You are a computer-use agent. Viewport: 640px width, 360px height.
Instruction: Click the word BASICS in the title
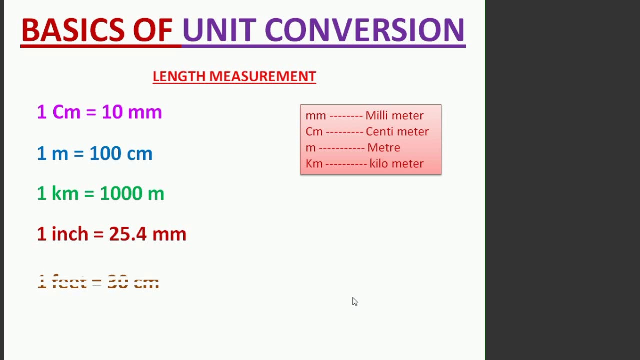(73, 30)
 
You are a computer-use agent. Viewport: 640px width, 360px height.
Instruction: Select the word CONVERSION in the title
(364, 30)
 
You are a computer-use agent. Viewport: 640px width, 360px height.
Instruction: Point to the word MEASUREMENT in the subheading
(262, 76)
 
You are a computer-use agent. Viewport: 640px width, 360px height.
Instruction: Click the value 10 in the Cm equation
(112, 112)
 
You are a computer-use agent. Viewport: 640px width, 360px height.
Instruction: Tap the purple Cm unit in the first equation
(66, 112)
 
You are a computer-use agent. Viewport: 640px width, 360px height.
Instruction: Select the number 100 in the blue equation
(105, 153)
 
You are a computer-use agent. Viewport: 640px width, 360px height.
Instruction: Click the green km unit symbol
(65, 194)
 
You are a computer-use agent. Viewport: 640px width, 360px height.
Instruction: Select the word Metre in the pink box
(384, 147)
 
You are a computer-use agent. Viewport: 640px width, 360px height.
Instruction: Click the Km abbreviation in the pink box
(314, 163)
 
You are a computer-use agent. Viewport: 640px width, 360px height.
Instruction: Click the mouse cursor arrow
(354, 301)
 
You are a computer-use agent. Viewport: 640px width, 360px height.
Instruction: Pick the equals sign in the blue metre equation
(78, 153)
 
